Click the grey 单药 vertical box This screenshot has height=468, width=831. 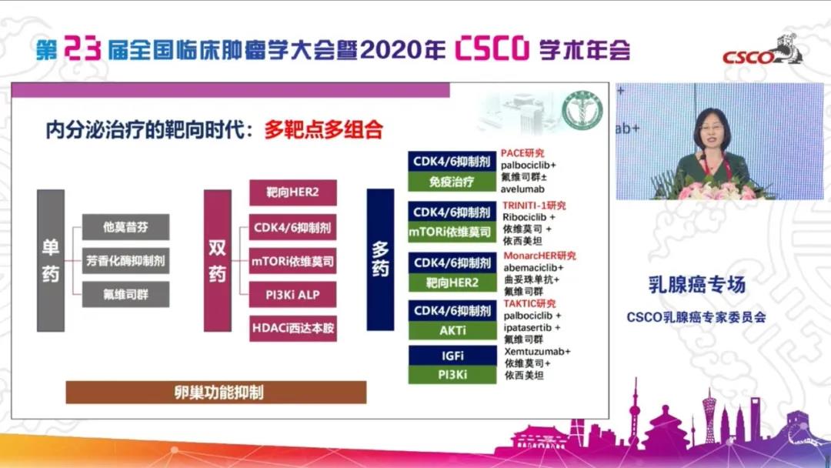tap(51, 260)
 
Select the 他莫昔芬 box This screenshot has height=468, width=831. tap(125, 227)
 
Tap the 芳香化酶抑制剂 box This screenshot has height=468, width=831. tap(125, 261)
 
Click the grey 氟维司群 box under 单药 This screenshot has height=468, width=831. tap(125, 294)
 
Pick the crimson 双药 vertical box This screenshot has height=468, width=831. tap(217, 260)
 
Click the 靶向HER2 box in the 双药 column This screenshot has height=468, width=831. tap(292, 192)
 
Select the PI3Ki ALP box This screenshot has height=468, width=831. tap(292, 295)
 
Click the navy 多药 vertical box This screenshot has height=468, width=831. tap(381, 260)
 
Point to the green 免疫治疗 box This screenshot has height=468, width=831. tap(452, 182)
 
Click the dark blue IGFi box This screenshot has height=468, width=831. tap(452, 356)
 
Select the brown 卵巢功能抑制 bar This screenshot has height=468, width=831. tap(215, 392)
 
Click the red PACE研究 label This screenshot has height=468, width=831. tap(522, 153)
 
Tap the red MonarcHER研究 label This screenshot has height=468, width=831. tap(539, 256)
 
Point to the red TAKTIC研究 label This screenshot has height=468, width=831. tap(529, 304)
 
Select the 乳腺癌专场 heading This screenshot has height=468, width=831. tap(695, 284)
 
